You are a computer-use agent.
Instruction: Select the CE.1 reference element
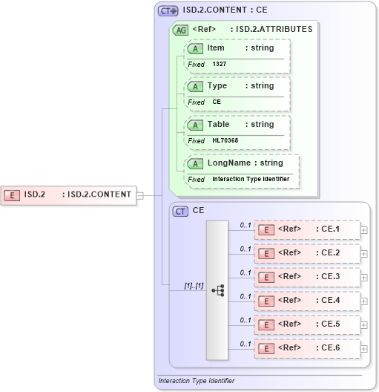(x=307, y=229)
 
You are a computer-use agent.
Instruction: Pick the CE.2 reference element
(x=307, y=253)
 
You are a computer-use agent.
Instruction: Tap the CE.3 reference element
(x=307, y=277)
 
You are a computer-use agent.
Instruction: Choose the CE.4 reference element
(x=307, y=301)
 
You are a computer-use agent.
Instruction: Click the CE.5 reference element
(x=307, y=324)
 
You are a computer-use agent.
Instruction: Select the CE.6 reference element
(x=307, y=348)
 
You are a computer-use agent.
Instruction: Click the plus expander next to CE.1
(x=363, y=230)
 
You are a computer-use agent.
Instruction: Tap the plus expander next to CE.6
(x=363, y=349)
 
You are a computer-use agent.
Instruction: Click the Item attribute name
(x=216, y=48)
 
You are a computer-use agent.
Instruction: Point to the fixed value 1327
(x=220, y=65)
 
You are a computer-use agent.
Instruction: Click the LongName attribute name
(x=228, y=163)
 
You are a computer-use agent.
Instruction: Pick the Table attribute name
(x=218, y=124)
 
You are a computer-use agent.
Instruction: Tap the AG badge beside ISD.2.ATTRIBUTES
(x=180, y=30)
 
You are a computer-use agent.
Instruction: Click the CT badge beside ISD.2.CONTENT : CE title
(x=168, y=11)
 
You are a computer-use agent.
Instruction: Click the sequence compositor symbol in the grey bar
(x=218, y=290)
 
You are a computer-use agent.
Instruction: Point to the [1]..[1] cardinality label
(x=194, y=285)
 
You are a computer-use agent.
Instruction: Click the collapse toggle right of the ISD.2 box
(x=140, y=195)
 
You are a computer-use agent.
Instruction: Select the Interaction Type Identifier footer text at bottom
(x=197, y=381)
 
